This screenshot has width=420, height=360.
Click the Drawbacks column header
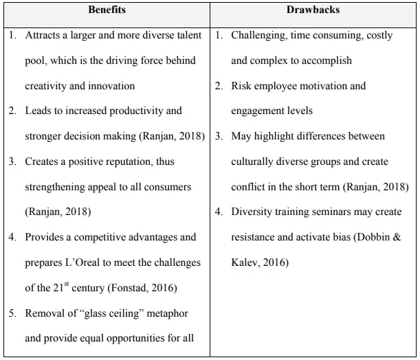pyautogui.click(x=313, y=10)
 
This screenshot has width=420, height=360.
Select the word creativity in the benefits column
pyautogui.click(x=47, y=86)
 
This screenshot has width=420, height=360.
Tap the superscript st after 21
pyautogui.click(x=67, y=284)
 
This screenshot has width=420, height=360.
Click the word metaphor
pyautogui.click(x=168, y=313)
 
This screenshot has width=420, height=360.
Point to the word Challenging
pyautogui.click(x=261, y=35)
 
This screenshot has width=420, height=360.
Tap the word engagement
pyautogui.click(x=261, y=111)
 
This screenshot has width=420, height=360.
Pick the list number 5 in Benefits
pyautogui.click(x=12, y=313)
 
